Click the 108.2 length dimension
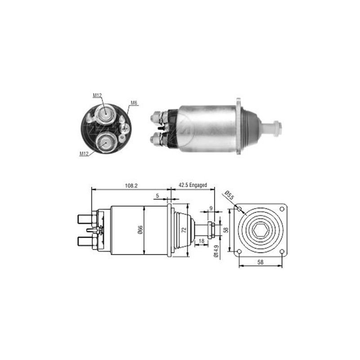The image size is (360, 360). pyautogui.click(x=131, y=185)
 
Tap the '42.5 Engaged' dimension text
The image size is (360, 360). pyautogui.click(x=193, y=185)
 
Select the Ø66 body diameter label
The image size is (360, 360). pyautogui.click(x=140, y=230)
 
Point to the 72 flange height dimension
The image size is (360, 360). pyautogui.click(x=184, y=230)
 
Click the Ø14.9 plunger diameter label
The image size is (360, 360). pyautogui.click(x=216, y=251)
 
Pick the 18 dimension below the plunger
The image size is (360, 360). pyautogui.click(x=201, y=241)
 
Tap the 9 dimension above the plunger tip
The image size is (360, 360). pyautogui.click(x=211, y=208)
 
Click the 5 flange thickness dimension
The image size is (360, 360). pyautogui.click(x=157, y=196)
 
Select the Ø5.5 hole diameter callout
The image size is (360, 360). pyautogui.click(x=229, y=195)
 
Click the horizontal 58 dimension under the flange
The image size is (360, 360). pyautogui.click(x=261, y=262)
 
